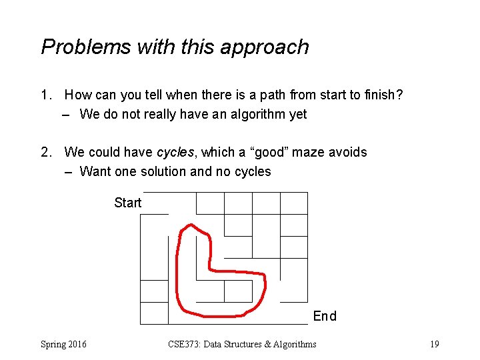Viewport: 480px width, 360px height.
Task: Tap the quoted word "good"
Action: coord(270,153)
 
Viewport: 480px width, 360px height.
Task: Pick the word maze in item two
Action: coord(313,153)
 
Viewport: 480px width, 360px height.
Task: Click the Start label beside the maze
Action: coord(127,203)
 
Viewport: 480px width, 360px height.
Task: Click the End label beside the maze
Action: coord(325,316)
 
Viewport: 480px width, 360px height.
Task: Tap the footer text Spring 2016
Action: coord(63,344)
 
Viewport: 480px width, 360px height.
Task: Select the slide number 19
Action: coord(434,344)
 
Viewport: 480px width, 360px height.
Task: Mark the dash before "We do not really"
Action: coord(68,115)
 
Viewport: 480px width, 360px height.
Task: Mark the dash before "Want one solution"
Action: coord(68,172)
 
